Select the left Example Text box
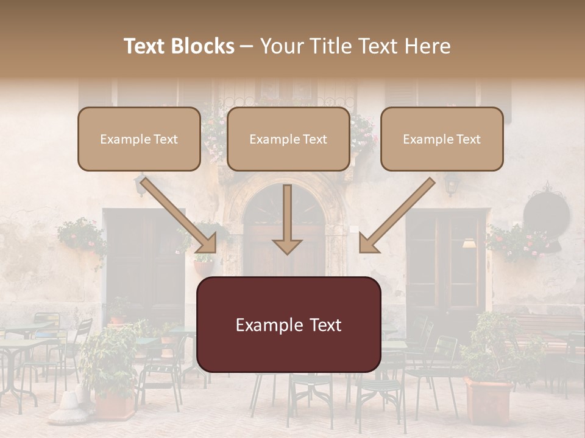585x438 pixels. point(139,139)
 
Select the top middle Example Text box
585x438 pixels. point(288,139)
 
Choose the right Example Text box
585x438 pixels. point(442,139)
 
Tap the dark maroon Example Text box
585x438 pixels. point(289,325)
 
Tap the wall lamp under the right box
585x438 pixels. point(451,182)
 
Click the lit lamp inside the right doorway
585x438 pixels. point(469,243)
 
